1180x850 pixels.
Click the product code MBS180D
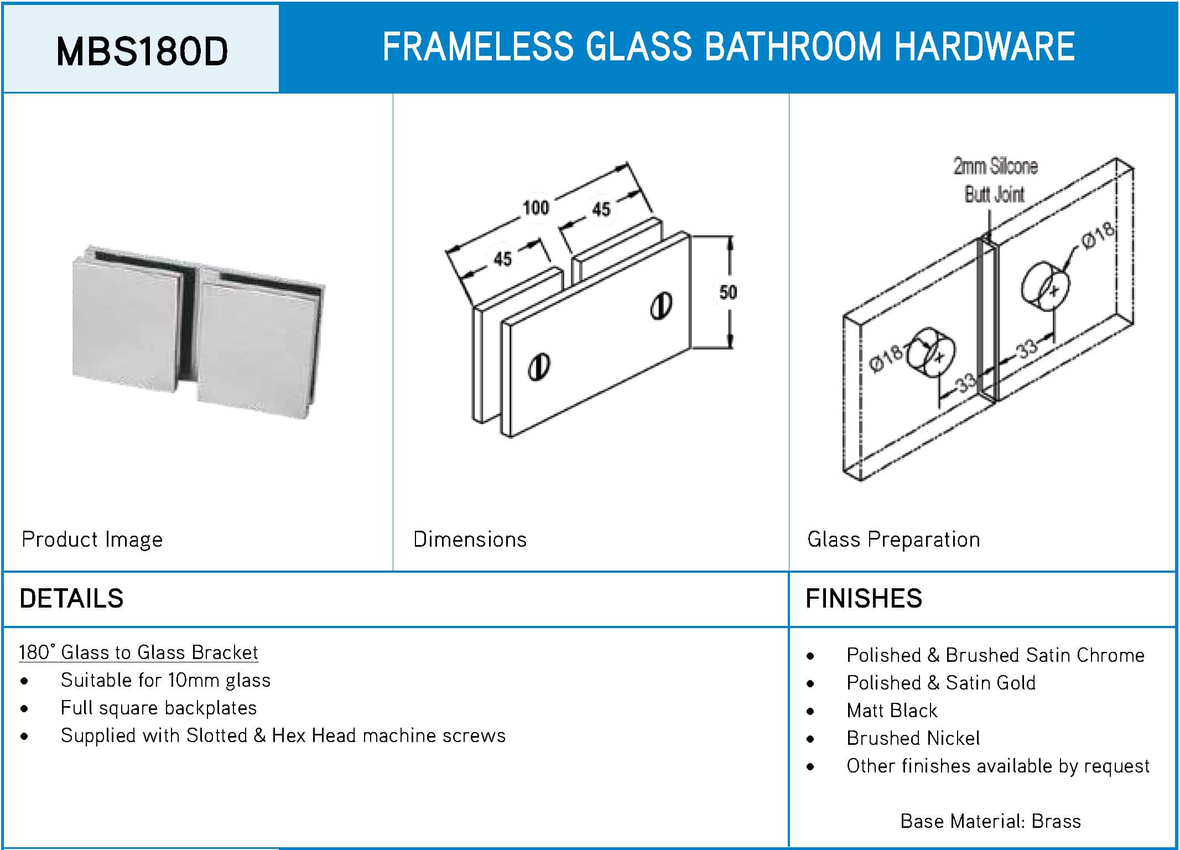coord(142,51)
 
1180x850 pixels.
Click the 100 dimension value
coord(536,208)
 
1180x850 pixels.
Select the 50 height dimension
coord(728,292)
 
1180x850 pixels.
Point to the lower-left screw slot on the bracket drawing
coord(538,366)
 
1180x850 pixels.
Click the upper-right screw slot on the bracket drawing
coord(661,305)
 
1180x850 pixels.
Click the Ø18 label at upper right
coord(1099,235)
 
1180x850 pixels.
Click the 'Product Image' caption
coord(92,540)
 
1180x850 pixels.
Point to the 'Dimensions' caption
coord(470,539)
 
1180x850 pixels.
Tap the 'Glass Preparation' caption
coord(893,540)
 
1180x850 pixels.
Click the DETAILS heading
coord(71,598)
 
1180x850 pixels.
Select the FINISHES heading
coord(864,598)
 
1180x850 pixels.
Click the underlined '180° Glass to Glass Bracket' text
coord(138,652)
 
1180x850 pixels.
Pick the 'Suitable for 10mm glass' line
coord(165,680)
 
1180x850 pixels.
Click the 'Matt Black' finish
coord(892,710)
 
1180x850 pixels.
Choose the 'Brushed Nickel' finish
coord(913,738)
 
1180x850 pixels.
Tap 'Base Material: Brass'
coord(990,821)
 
